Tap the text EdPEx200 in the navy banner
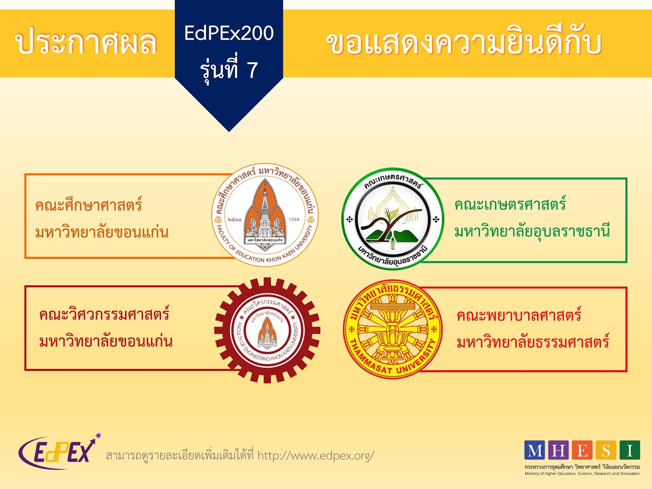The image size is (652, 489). [229, 33]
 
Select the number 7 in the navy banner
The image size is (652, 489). [252, 70]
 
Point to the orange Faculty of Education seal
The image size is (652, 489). [265, 215]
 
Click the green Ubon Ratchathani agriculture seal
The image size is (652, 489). [392, 219]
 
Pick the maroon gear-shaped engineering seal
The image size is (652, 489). [267, 330]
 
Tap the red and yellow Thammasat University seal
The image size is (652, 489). [392, 329]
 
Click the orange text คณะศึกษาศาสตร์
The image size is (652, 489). [88, 205]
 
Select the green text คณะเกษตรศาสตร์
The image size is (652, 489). [510, 204]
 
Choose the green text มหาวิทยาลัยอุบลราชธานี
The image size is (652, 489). [532, 231]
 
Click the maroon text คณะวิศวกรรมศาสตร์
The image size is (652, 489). [104, 314]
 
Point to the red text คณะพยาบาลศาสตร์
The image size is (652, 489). [519, 315]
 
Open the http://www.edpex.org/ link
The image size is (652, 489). [316, 455]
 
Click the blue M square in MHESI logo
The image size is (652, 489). [535, 450]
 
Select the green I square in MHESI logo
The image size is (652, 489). [630, 450]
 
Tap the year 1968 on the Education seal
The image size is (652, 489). [294, 220]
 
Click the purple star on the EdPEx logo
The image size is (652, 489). [98, 436]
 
